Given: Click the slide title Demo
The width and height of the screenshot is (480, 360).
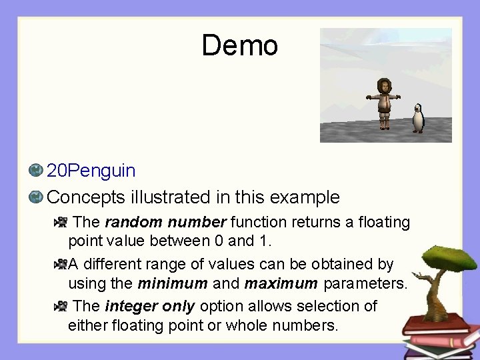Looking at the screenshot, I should [x=239, y=45].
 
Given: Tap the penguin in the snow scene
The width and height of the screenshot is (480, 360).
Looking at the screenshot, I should [x=418, y=118].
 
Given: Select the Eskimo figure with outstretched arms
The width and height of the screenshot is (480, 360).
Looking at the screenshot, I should [x=384, y=102].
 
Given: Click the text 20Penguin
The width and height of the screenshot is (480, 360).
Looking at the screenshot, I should [x=91, y=171].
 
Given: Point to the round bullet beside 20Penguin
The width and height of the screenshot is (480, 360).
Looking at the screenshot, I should [x=36, y=171].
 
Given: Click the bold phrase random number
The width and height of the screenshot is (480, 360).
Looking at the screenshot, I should [x=166, y=222].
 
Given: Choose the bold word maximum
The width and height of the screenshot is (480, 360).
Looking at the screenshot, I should [x=281, y=283].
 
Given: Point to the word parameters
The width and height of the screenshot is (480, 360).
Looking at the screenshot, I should [x=365, y=283].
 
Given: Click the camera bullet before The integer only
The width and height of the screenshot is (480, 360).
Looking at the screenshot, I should [x=61, y=306].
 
